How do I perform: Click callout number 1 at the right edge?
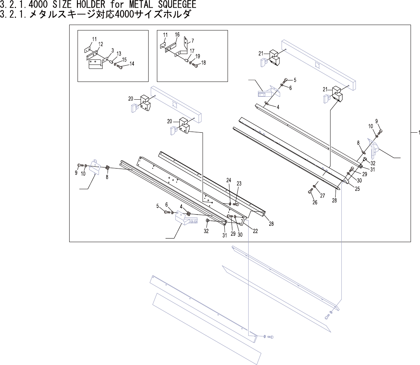(419, 133)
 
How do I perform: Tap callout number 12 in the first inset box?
(100, 44)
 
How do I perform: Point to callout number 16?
(177, 34)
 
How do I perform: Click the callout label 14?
(132, 64)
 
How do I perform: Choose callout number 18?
(203, 63)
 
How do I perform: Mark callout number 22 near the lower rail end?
(255, 231)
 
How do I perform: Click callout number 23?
(239, 183)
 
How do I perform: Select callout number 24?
(229, 180)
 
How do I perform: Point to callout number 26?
(315, 202)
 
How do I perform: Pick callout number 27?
(322, 196)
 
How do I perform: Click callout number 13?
(119, 54)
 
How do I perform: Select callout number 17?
(192, 51)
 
